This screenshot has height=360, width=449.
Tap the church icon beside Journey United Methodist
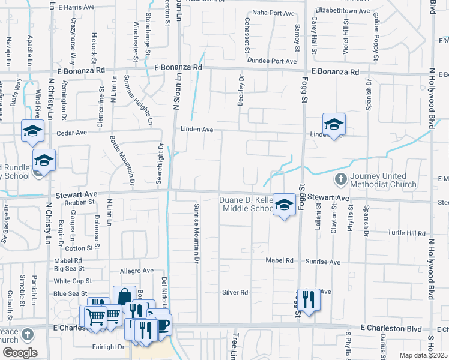pyautogui.click(x=340, y=179)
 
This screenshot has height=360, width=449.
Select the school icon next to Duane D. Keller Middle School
pyautogui.click(x=284, y=204)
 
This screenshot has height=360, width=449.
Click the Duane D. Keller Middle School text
pyautogui.click(x=247, y=204)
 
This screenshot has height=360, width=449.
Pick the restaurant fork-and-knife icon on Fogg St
pyautogui.click(x=308, y=299)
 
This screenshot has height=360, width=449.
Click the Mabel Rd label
pyautogui.click(x=280, y=261)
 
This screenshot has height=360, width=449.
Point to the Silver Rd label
pyautogui.click(x=235, y=292)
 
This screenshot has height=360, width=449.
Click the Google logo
pyautogui.click(x=19, y=352)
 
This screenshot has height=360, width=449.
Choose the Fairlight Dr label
pyautogui.click(x=108, y=347)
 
